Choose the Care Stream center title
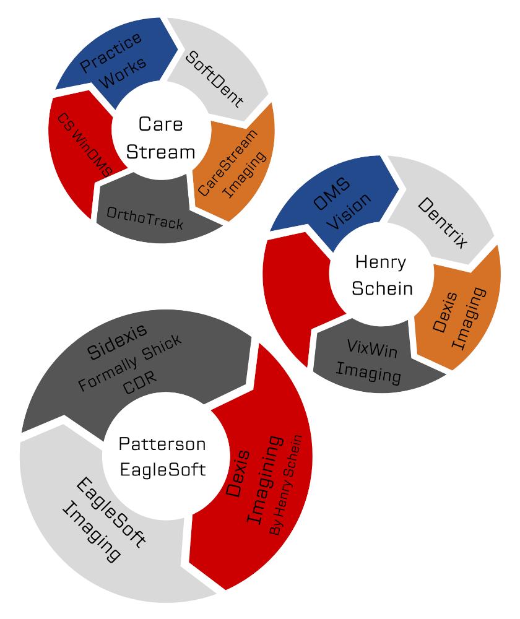click(160, 138)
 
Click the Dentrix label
click(442, 223)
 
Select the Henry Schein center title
click(381, 275)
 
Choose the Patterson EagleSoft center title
click(162, 457)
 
